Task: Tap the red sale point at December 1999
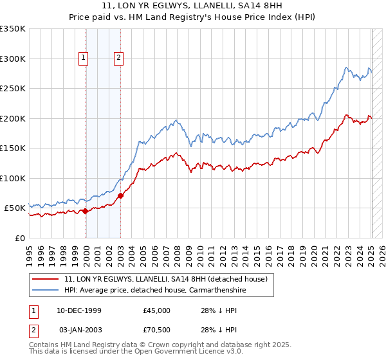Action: pos(86,211)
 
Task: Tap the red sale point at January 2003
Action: pos(120,195)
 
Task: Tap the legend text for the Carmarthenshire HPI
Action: pos(154,290)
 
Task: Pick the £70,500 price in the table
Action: pos(157,330)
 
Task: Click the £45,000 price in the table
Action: pos(157,310)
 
